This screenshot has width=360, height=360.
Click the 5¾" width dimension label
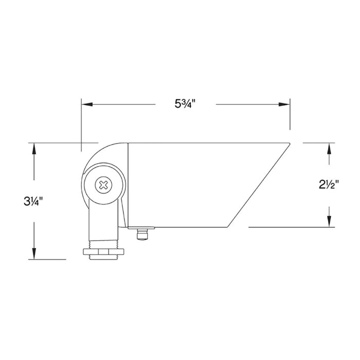pyautogui.click(x=185, y=104)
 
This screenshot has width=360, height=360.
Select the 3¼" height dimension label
pyautogui.click(x=33, y=202)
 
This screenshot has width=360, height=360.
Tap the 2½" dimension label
pyautogui.click(x=329, y=184)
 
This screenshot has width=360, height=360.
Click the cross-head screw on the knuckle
pyautogui.click(x=103, y=185)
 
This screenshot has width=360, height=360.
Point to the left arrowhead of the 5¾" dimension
pyautogui.click(x=87, y=104)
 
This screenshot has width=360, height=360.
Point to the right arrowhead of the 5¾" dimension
pyautogui.click(x=284, y=104)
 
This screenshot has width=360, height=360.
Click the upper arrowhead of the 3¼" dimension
pyautogui.click(x=34, y=149)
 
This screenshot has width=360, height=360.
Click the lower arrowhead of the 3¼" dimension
pyautogui.click(x=34, y=254)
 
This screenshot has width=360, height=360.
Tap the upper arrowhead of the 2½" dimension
pyautogui.click(x=329, y=149)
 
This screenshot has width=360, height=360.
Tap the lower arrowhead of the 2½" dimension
pyautogui.click(x=329, y=221)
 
